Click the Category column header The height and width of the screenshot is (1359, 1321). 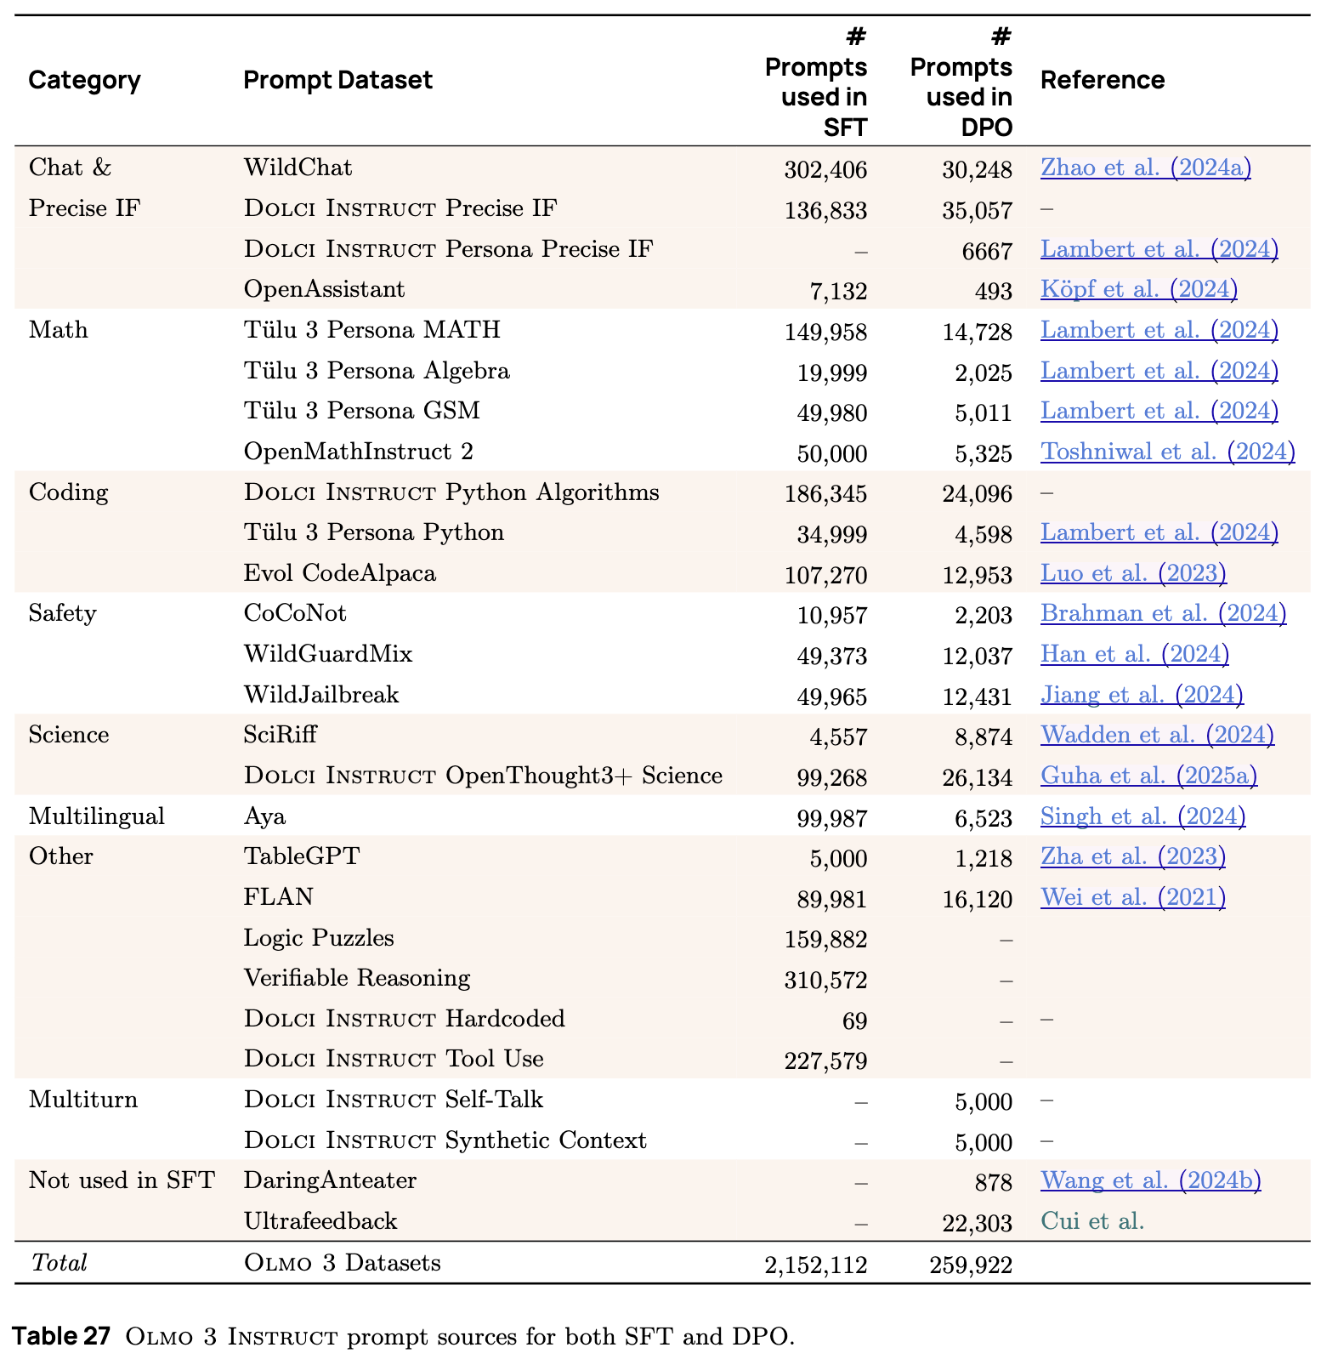84,80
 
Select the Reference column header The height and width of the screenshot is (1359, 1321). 1102,80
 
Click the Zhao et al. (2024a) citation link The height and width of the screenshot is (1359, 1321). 1145,168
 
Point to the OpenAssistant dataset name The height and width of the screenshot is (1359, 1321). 324,289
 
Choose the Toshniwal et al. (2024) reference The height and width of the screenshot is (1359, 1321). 1167,452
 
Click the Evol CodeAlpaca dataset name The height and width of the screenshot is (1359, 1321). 339,573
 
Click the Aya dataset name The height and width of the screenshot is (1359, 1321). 264,816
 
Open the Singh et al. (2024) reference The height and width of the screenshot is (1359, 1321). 1142,816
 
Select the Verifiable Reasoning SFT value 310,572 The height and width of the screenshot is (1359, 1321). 825,981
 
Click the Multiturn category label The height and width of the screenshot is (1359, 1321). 82,1100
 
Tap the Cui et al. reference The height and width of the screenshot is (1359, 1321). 1092,1221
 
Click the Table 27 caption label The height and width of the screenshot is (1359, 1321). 61,1336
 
